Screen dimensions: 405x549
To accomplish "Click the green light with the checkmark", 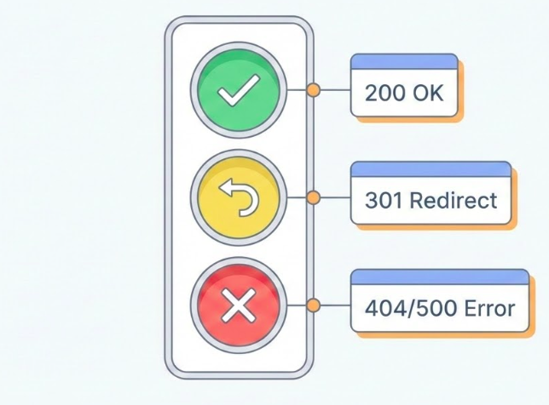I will (x=239, y=91).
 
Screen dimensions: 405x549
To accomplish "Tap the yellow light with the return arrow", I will (x=239, y=199).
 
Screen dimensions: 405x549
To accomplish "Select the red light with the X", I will (x=239, y=305).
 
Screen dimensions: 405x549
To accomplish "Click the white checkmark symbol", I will (x=239, y=92).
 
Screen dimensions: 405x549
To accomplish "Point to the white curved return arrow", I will (x=239, y=199).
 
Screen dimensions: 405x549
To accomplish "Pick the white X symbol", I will (x=239, y=305).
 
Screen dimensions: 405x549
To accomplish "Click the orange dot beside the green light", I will (x=313, y=90).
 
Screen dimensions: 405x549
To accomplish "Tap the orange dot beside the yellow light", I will (x=313, y=198).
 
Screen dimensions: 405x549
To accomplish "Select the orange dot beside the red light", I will (x=313, y=305).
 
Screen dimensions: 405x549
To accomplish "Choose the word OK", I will (x=429, y=93).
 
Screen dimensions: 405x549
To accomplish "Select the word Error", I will (x=489, y=307).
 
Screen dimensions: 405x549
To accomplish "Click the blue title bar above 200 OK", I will (x=404, y=61).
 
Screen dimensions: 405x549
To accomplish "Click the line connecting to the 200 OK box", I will (x=335, y=90).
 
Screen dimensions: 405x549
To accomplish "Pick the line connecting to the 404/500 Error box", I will (x=335, y=305).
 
